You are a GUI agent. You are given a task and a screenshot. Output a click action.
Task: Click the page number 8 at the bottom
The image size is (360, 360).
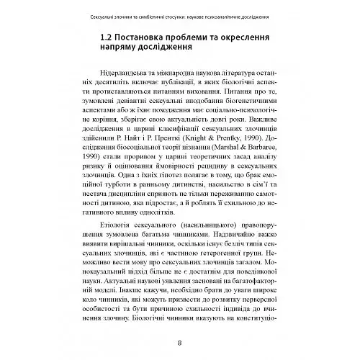point(179,342)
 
